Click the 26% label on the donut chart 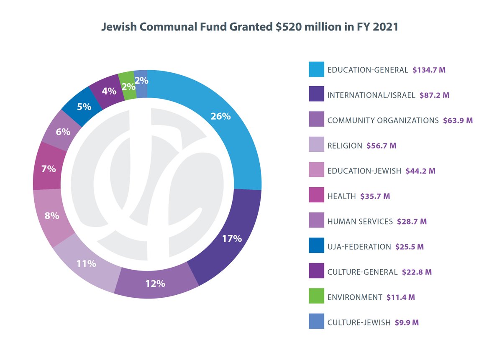click(220, 117)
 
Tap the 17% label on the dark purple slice click(232, 239)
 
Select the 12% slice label click(155, 283)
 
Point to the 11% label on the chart click(86, 264)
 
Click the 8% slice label click(52, 216)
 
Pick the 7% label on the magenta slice click(49, 169)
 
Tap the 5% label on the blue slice click(84, 107)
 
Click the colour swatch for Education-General click(317, 70)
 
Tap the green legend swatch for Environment click(317, 297)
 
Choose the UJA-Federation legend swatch click(317, 246)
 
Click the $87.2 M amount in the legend click(434, 95)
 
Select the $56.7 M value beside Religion click(381, 146)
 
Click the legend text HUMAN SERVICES click(360, 222)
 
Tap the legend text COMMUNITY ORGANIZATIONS click(383, 121)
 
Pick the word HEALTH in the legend click(341, 196)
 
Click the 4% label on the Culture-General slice click(109, 90)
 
